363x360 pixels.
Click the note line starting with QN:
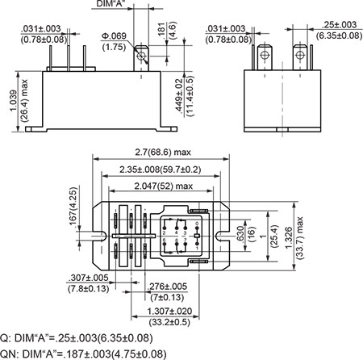pos(84,353)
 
